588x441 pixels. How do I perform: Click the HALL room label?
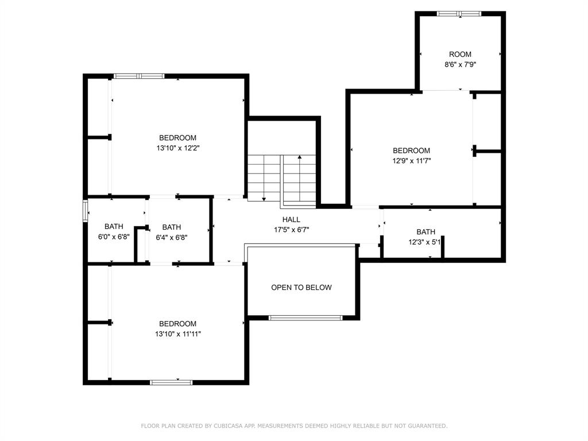pos(291,219)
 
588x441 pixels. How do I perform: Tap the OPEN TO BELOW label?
pos(301,287)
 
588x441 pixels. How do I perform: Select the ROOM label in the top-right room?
pos(460,54)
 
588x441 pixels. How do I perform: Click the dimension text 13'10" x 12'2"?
pos(178,148)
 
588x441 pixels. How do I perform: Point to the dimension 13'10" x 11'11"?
pos(178,334)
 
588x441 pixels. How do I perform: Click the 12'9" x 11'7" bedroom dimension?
pos(411,161)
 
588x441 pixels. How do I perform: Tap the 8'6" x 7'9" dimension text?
pos(460,64)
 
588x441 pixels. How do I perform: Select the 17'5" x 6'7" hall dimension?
pos(291,230)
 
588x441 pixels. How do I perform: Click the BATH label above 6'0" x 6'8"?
pos(114,226)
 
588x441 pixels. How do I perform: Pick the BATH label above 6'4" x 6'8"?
pos(171,227)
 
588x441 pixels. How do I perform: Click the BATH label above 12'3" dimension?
pos(425,232)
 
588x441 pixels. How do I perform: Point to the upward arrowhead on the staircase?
pos(299,157)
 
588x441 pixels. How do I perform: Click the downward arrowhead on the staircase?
pos(264,198)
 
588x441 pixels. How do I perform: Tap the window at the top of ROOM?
pos(459,14)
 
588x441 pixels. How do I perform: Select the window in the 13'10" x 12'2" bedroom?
pos(139,76)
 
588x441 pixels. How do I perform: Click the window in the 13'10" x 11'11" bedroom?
pos(171,382)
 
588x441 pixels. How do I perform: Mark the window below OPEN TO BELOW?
pos(305,318)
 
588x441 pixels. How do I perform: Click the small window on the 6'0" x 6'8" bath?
pos(85,211)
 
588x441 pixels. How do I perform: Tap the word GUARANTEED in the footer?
pos(427,425)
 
